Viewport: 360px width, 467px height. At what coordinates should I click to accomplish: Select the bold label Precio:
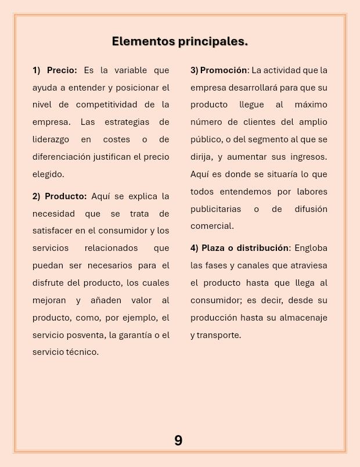point(62,70)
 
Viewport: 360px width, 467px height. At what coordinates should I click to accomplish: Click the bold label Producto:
point(66,196)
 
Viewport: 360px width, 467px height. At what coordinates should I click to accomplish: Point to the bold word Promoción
point(224,70)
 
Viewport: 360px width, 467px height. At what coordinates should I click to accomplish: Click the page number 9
point(178,441)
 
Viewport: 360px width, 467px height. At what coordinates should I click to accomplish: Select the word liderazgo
point(51,139)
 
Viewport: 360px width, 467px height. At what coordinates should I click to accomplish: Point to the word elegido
point(48,174)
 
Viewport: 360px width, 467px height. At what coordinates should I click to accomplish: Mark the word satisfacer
point(53,231)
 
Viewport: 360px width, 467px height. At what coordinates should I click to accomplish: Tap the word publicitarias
point(217,209)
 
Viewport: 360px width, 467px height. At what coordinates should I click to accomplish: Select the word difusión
point(308,209)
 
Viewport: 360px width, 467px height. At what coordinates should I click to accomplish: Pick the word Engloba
point(311,248)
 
